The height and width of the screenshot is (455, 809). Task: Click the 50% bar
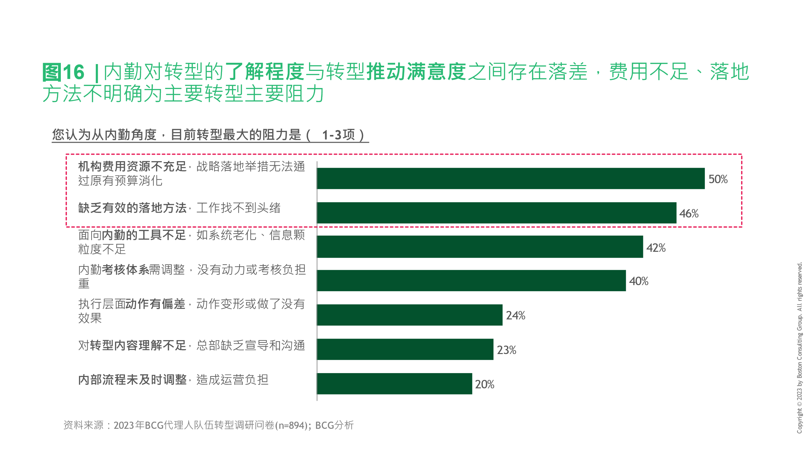(x=510, y=178)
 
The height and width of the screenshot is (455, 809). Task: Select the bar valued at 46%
(x=496, y=213)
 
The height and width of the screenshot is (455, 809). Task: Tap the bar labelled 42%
(x=480, y=247)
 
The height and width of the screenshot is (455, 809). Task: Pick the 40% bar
(x=471, y=281)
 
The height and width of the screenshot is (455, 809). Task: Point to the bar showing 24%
(x=409, y=315)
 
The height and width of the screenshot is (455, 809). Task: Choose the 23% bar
(x=405, y=349)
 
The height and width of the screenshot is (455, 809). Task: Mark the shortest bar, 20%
(x=394, y=383)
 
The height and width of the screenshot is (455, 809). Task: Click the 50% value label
(x=718, y=179)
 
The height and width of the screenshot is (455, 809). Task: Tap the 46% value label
(x=689, y=214)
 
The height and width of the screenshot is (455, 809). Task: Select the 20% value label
(x=484, y=384)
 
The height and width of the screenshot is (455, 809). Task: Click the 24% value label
(x=515, y=316)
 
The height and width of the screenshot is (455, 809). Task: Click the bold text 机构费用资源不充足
(x=132, y=167)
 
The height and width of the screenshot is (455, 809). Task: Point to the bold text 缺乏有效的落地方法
(x=132, y=208)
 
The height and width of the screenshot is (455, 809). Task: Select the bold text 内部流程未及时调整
(x=132, y=380)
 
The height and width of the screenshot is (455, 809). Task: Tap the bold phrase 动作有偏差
(x=155, y=304)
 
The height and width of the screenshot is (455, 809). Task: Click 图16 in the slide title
(x=63, y=72)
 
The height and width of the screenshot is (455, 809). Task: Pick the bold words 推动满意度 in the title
(x=416, y=72)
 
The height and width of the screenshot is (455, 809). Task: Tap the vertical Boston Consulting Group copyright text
(x=800, y=348)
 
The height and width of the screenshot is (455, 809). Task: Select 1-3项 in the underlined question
(x=338, y=135)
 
